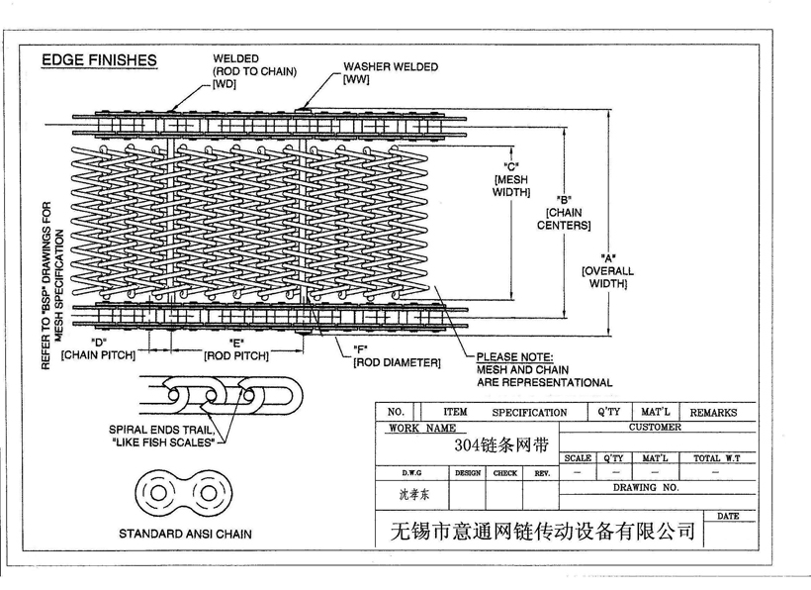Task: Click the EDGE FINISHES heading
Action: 99,60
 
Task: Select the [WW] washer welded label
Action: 357,78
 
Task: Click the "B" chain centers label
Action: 564,211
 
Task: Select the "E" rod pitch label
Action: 236,348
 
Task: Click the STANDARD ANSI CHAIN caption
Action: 185,534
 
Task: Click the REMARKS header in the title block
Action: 712,412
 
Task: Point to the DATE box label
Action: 728,516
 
